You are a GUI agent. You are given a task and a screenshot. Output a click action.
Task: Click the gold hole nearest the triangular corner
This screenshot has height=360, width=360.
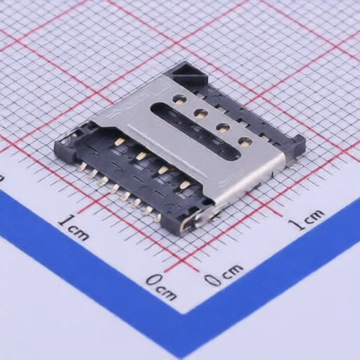[x=181, y=98]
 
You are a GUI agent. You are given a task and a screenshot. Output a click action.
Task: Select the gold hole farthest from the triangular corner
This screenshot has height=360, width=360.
[x=245, y=141]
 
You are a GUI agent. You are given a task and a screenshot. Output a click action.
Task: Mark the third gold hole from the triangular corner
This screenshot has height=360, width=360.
[x=222, y=127]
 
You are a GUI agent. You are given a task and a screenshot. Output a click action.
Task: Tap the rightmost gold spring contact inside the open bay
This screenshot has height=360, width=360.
[x=185, y=185]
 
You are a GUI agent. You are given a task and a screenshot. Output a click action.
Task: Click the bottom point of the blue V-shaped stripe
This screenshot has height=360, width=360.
[x=184, y=345]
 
